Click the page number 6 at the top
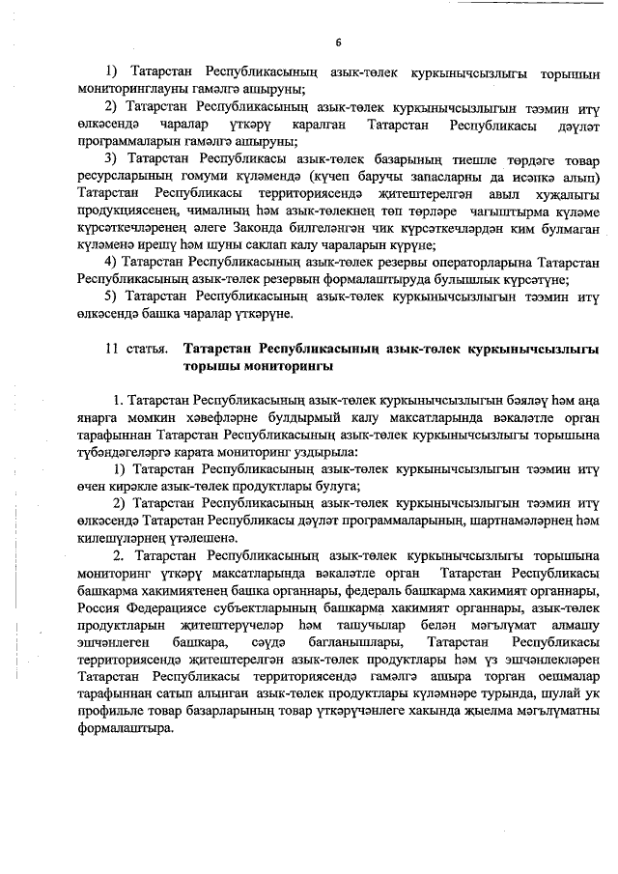(x=338, y=42)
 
